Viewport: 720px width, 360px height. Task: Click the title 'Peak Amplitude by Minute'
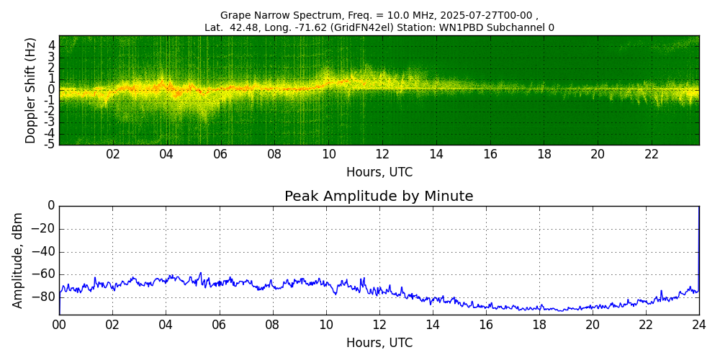click(x=379, y=197)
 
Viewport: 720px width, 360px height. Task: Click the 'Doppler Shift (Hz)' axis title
click(x=31, y=91)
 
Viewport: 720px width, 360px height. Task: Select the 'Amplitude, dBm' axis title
click(x=18, y=260)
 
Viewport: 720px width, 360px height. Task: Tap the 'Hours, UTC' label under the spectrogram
click(x=379, y=173)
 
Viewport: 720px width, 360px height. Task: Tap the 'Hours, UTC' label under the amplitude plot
click(x=379, y=343)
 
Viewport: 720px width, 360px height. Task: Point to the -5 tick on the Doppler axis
click(x=49, y=144)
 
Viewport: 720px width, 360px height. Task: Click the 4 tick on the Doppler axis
click(x=52, y=45)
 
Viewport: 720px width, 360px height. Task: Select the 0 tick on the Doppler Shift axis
click(x=52, y=89)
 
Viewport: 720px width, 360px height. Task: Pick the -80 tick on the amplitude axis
click(x=45, y=296)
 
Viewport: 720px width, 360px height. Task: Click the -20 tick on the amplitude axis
click(x=45, y=229)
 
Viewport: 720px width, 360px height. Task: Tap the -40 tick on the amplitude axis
click(x=45, y=252)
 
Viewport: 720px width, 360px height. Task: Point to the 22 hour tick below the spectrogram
click(x=652, y=155)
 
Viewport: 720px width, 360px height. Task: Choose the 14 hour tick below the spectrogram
click(x=436, y=155)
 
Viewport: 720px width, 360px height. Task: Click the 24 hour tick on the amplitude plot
click(x=699, y=325)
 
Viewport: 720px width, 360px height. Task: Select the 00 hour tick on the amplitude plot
click(x=59, y=325)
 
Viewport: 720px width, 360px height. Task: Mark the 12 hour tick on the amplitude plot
click(x=379, y=325)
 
